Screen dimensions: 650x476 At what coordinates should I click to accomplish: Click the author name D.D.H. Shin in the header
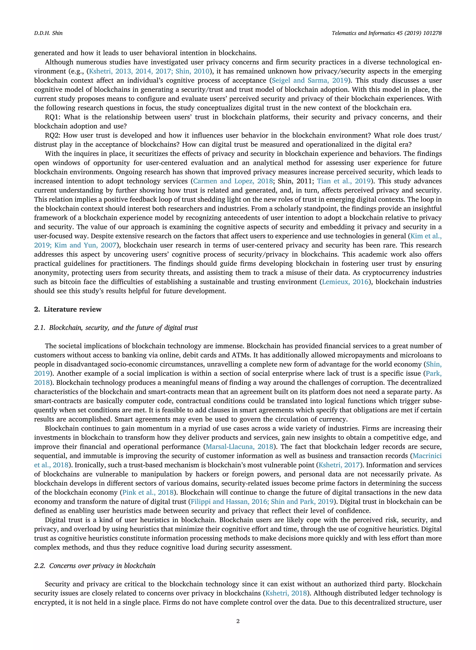[x=48, y=33]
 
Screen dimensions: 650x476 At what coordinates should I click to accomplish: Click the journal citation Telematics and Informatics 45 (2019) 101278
[x=386, y=33]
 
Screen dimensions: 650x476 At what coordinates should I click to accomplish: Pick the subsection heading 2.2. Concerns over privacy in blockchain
[x=95, y=566]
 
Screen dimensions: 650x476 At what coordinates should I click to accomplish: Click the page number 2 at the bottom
[x=238, y=621]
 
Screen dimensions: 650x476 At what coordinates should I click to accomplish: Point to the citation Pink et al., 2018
[x=148, y=493]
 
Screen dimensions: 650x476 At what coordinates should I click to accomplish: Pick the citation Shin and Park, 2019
[x=302, y=502]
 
